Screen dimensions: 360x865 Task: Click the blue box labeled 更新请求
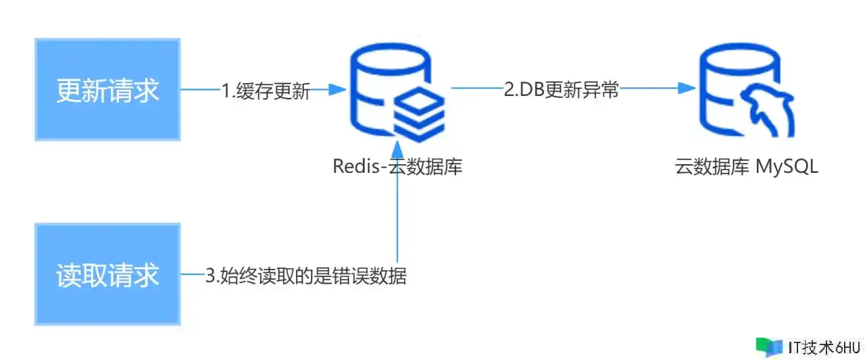coord(107,89)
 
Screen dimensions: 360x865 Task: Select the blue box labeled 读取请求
coord(107,274)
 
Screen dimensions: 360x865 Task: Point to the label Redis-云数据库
coord(397,167)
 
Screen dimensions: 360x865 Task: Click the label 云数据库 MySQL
coord(746,167)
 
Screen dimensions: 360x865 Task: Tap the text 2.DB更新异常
coord(562,90)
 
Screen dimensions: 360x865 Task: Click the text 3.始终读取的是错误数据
coord(306,276)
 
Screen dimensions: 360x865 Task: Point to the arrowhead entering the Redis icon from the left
coord(338,88)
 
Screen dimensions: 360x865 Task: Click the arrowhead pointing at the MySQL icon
coord(688,88)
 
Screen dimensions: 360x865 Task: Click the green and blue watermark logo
coord(770,347)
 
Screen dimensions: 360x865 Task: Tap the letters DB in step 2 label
coord(529,90)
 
